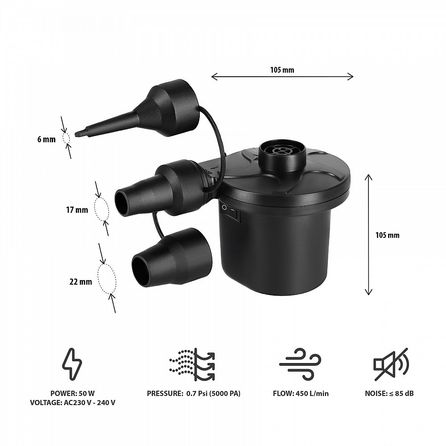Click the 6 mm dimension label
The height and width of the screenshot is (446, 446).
(x=46, y=139)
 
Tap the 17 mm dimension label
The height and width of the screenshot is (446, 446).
(x=77, y=210)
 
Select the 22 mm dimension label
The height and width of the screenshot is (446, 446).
(x=81, y=281)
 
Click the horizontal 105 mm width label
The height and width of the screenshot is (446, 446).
(x=282, y=70)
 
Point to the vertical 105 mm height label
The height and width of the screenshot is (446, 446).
(x=388, y=235)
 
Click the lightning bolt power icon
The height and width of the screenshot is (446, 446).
(x=72, y=364)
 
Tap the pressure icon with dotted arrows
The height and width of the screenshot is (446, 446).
(x=192, y=364)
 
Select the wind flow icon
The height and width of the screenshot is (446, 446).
(x=300, y=364)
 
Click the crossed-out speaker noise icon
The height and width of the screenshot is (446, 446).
(x=391, y=364)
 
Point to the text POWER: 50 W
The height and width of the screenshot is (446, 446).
(x=73, y=393)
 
